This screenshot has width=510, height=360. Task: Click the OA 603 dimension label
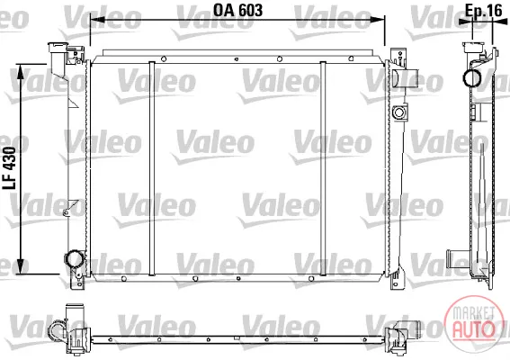pyautogui.click(x=237, y=11)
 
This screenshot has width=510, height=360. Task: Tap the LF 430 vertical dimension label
pyautogui.click(x=9, y=168)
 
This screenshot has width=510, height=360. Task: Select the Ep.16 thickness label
pyautogui.click(x=483, y=11)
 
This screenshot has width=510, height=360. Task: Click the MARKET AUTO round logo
pyautogui.click(x=473, y=323)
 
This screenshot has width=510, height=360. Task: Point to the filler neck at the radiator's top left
pyautogui.click(x=58, y=51)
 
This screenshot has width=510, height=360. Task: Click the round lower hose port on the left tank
pyautogui.click(x=75, y=259)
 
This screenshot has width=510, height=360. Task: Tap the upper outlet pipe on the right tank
pyautogui.click(x=406, y=78)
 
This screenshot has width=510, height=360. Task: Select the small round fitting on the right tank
pyautogui.click(x=398, y=112)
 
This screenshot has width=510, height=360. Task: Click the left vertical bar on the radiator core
pyautogui.click(x=152, y=168)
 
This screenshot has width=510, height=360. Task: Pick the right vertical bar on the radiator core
pyautogui.click(x=323, y=168)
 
